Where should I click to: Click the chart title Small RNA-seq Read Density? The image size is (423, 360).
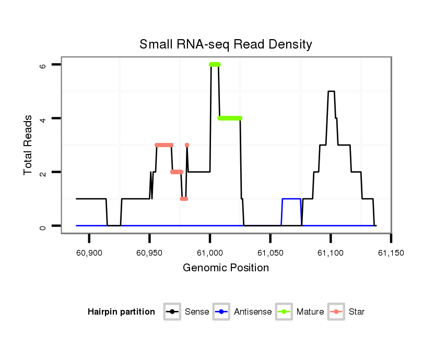click(x=226, y=44)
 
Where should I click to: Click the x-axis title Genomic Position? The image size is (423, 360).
click(x=226, y=268)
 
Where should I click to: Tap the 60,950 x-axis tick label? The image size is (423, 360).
click(x=149, y=253)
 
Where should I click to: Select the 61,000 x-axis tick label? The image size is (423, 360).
click(x=210, y=253)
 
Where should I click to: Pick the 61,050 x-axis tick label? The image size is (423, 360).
click(x=270, y=253)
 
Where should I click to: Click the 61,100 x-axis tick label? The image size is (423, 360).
click(x=331, y=253)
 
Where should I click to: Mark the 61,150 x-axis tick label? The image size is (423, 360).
click(x=391, y=253)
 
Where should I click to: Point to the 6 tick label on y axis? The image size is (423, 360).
click(x=43, y=65)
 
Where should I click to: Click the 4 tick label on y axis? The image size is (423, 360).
click(x=43, y=118)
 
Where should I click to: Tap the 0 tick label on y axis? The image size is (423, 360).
click(x=43, y=226)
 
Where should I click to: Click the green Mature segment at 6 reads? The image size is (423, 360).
click(x=215, y=64)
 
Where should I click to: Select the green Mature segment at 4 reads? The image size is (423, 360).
click(x=230, y=118)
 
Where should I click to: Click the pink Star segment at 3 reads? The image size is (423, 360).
click(x=164, y=145)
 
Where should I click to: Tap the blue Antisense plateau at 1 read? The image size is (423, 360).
click(x=291, y=199)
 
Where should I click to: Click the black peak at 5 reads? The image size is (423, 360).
click(x=331, y=91)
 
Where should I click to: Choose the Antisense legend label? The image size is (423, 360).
click(x=253, y=312)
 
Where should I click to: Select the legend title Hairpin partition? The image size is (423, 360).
click(x=122, y=312)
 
